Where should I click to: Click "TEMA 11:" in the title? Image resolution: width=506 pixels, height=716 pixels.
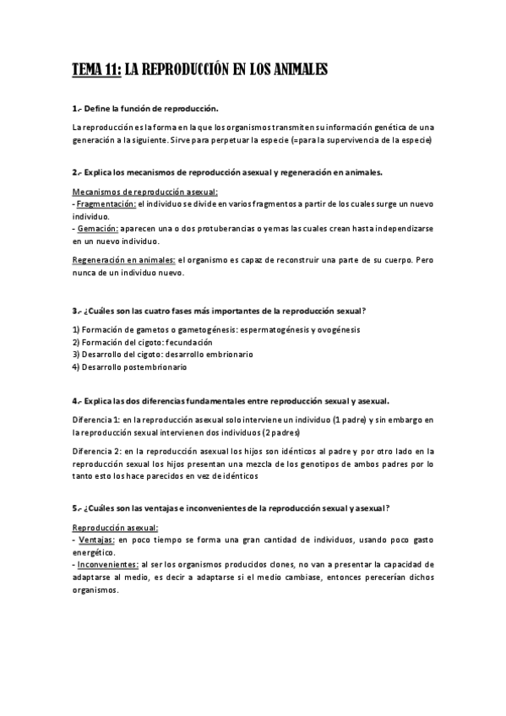point(96,71)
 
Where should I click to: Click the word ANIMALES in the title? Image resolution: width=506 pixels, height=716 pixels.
point(292,71)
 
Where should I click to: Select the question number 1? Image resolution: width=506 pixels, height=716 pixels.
point(75,109)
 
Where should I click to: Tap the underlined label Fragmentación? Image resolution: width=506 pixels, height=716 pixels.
point(106,204)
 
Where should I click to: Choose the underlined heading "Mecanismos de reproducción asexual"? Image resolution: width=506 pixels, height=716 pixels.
point(144,193)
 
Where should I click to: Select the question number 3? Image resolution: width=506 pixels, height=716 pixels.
point(75,312)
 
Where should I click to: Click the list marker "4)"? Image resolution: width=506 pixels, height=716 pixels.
point(76,367)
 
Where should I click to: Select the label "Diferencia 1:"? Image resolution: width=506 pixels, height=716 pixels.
point(96,419)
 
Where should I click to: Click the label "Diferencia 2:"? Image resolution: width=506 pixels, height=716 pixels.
point(97,452)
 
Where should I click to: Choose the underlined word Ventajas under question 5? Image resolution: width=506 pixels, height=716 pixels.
point(97,539)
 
